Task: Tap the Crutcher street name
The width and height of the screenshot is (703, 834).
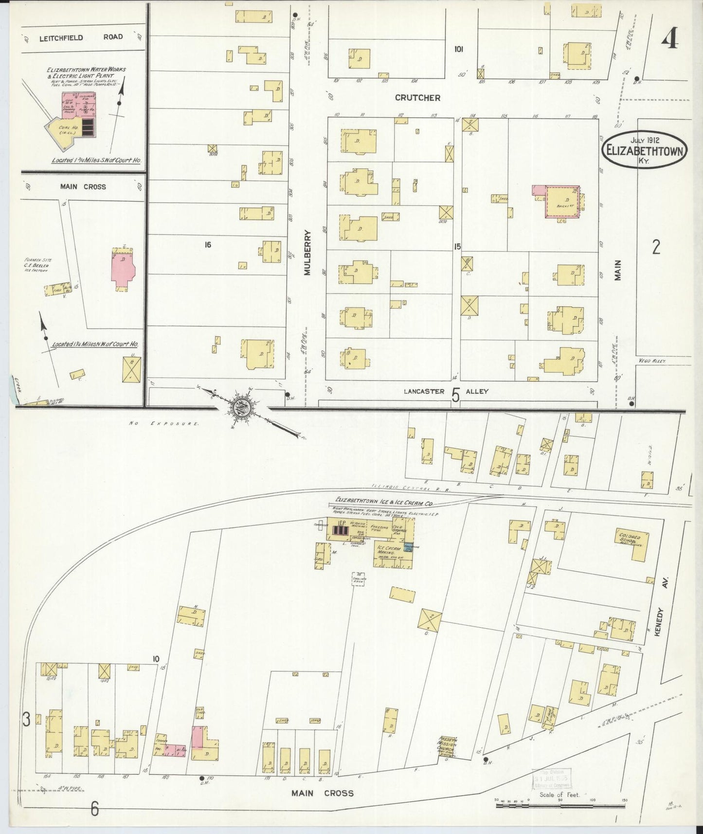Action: (417, 98)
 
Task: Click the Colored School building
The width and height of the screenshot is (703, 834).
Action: (632, 544)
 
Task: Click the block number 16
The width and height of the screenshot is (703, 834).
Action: (208, 245)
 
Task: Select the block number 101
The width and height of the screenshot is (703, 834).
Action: (458, 49)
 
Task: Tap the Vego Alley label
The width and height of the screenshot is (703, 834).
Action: (652, 361)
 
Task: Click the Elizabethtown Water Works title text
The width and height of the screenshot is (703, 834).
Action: (86, 73)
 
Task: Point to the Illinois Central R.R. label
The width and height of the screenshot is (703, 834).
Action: (401, 488)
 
